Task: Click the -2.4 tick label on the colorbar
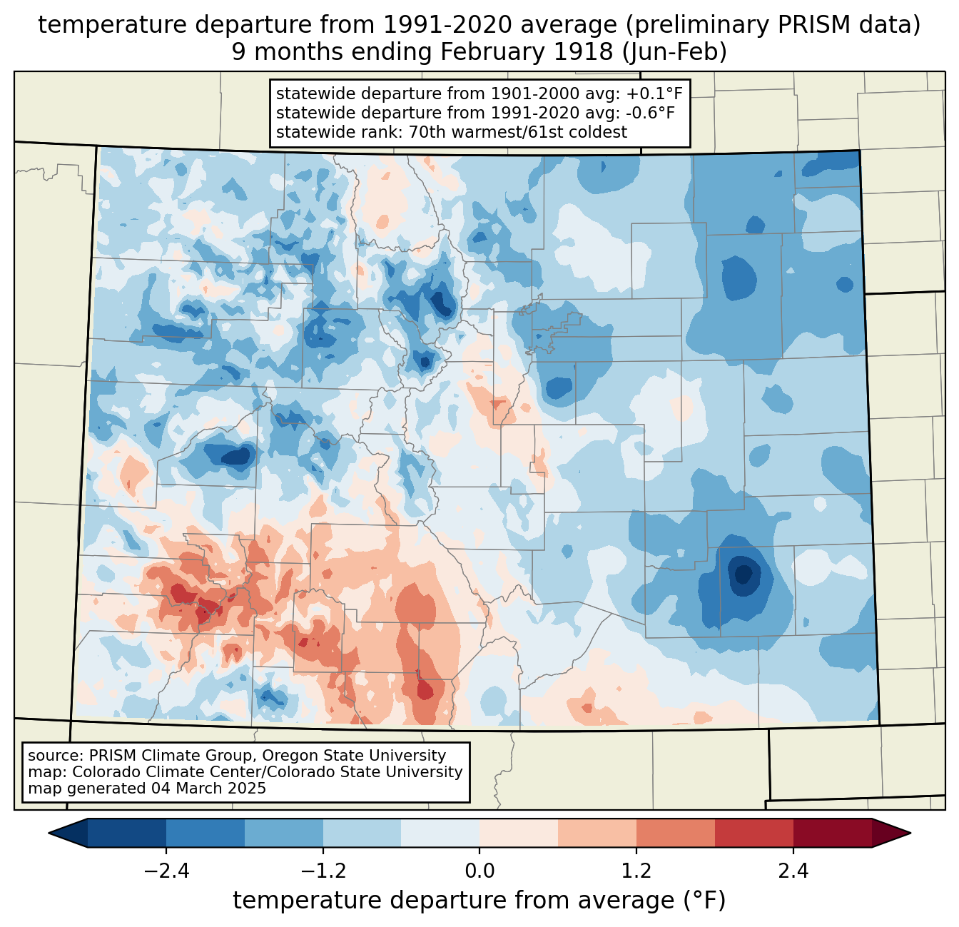coord(166,871)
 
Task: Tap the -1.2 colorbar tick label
coord(323,871)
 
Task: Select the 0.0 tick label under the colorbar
coord(479,871)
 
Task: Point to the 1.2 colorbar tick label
coord(636,871)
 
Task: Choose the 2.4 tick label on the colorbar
coord(793,871)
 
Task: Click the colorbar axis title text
coord(479,901)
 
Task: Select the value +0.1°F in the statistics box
coord(654,93)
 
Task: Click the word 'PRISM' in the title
coord(795,25)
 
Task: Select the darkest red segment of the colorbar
coord(832,833)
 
